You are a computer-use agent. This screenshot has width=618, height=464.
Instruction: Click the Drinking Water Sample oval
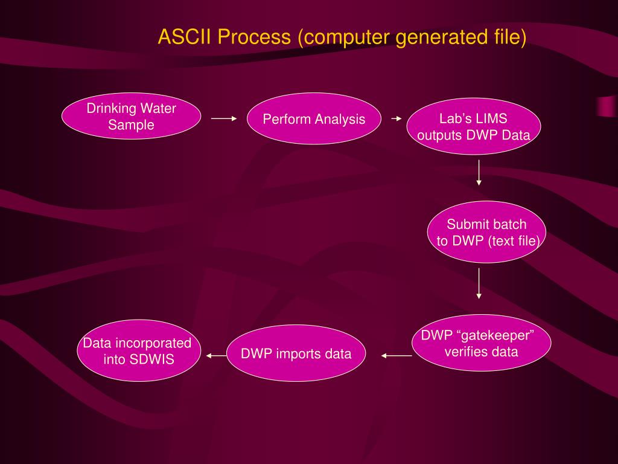coord(131,117)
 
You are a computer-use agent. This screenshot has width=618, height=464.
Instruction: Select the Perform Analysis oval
coord(313,119)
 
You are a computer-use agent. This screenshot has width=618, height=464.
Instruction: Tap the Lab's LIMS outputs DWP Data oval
coord(474,127)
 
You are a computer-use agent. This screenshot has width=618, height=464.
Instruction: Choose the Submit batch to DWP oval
coord(486,233)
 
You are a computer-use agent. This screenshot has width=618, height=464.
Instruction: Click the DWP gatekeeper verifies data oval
coord(481,343)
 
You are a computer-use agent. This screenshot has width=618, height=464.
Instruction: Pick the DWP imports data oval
coord(296,353)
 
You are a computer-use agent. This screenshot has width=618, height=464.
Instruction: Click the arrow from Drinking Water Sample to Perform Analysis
coord(224,119)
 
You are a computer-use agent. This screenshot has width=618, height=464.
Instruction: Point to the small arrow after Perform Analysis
coord(396,119)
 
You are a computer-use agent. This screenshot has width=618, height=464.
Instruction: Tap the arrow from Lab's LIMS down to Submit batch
coord(479,173)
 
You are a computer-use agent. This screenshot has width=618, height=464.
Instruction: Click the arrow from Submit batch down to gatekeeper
coord(479,283)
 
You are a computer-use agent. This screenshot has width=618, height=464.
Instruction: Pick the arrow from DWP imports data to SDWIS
coord(216,356)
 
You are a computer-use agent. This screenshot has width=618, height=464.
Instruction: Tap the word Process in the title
coord(254,37)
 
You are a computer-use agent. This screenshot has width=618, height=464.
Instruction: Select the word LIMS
coord(489,119)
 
